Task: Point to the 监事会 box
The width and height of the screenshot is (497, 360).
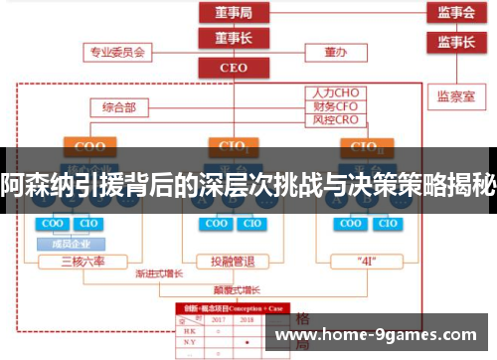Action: [x=455, y=13]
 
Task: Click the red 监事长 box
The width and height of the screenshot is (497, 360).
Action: [x=455, y=42]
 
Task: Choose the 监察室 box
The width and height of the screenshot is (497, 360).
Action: [x=455, y=96]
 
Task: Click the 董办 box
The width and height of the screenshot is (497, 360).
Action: [x=334, y=50]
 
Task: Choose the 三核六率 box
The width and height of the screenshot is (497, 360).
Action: [x=85, y=262]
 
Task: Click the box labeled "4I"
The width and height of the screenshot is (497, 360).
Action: [x=366, y=262]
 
